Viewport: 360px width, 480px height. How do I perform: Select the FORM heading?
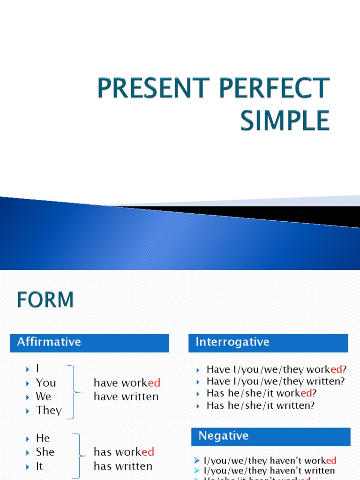(x=45, y=300)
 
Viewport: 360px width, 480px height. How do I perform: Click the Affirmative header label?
(x=49, y=342)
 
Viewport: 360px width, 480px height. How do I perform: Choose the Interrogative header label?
(x=232, y=342)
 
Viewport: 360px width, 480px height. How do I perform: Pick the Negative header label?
(x=223, y=436)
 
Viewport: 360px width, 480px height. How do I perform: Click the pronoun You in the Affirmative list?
(x=45, y=383)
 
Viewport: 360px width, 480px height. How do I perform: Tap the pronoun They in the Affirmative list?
(x=49, y=410)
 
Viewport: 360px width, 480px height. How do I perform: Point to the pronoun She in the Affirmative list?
(x=45, y=452)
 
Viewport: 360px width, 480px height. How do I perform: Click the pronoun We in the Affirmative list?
(x=43, y=397)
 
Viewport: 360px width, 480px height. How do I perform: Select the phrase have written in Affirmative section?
(x=126, y=397)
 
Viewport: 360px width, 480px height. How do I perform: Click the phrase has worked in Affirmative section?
(x=124, y=452)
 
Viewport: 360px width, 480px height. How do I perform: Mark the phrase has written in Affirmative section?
(x=123, y=466)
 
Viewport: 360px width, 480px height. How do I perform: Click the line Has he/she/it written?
(x=261, y=405)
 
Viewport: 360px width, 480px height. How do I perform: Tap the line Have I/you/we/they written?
(x=276, y=382)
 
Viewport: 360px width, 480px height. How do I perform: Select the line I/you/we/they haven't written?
(x=269, y=471)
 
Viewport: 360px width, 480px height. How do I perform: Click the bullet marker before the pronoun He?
(x=27, y=439)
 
